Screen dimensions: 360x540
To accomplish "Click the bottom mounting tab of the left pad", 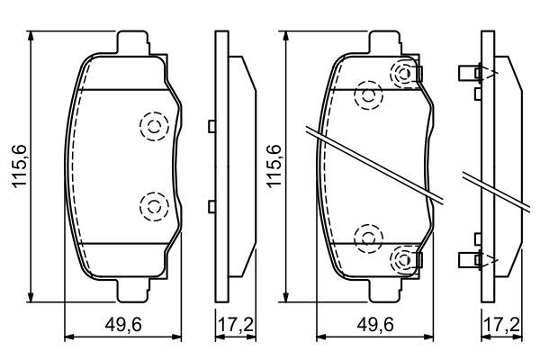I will point(133,290).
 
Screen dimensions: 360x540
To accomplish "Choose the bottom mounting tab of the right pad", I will point(387,290).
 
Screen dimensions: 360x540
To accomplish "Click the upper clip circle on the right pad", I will point(401,74).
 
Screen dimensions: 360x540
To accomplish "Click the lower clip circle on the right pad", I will point(401,260).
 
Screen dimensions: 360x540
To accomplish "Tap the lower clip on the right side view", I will point(472,260).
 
